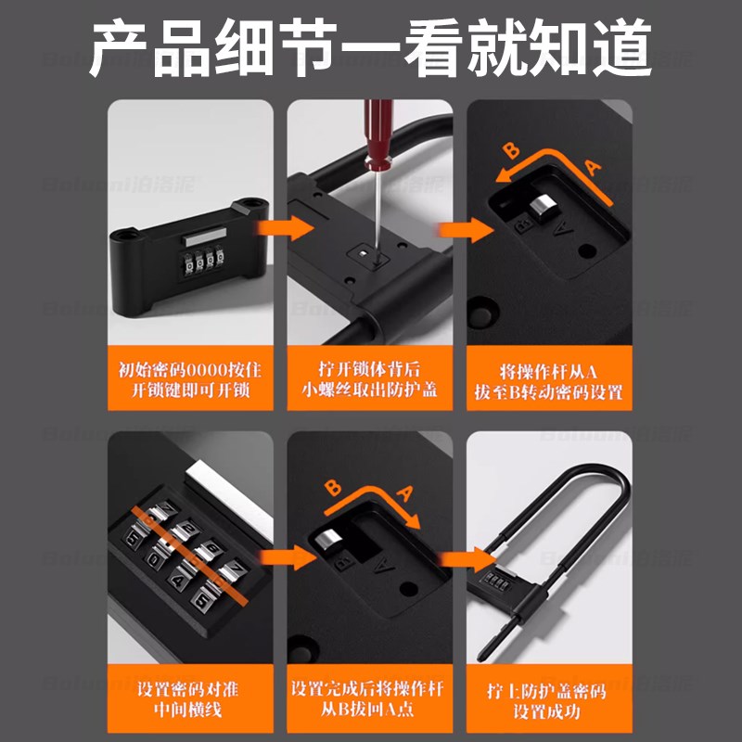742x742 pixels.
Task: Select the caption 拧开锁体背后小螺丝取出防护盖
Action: pyautogui.click(x=370, y=379)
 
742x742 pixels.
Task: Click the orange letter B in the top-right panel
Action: pyautogui.click(x=509, y=151)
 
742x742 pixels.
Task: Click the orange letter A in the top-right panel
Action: pyautogui.click(x=594, y=167)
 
